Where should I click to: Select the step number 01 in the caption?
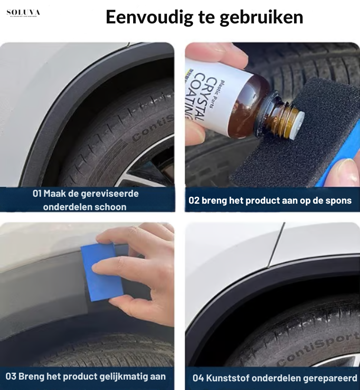(37, 193)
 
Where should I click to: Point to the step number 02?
(194, 200)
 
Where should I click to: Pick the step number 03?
(11, 376)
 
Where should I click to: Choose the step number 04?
(198, 378)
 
